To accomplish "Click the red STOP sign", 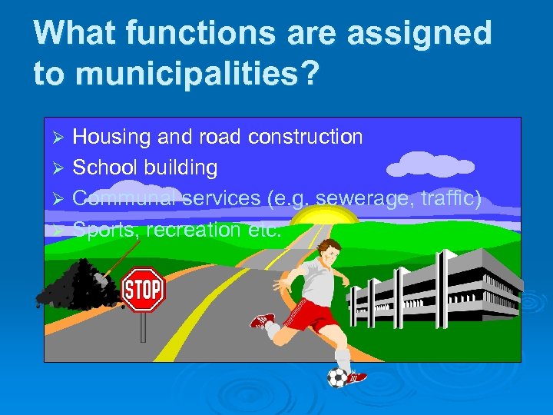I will click(x=143, y=289).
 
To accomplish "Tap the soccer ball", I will click(x=338, y=377).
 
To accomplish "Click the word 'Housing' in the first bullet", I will click(x=111, y=138).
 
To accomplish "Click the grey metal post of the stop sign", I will click(x=143, y=326).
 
